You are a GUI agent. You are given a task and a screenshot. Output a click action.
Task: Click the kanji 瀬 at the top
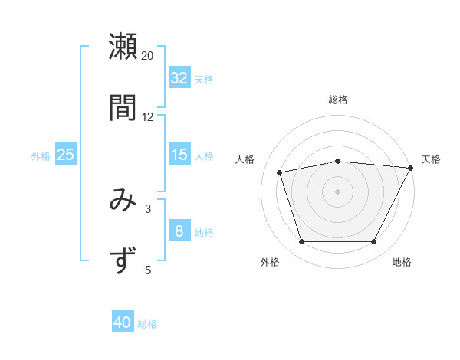pos(123,47)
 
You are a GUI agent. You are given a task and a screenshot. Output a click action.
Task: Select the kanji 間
pos(123,106)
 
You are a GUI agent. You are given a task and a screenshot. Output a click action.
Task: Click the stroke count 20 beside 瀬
pos(148,56)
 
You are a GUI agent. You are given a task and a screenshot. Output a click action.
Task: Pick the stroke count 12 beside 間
pos(148,116)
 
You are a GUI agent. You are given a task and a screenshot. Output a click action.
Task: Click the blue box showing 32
pos(179,78)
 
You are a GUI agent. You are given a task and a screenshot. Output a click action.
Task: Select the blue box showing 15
pos(179,155)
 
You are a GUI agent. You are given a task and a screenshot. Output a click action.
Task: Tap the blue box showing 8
pos(179,231)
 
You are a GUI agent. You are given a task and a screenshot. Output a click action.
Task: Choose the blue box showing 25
pos(66,155)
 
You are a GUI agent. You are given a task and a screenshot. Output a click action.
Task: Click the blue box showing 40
pos(123,323)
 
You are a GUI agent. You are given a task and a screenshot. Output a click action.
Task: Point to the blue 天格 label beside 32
pos(204,79)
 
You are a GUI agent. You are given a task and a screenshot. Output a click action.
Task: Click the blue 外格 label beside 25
pos(41,155)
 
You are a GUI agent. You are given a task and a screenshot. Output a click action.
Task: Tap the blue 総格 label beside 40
pos(147,324)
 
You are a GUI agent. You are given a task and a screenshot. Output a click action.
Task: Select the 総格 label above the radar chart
pos(338,100)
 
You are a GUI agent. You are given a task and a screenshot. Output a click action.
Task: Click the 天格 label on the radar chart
pos(431,159)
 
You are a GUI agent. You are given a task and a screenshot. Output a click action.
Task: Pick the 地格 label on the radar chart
pos(402,263)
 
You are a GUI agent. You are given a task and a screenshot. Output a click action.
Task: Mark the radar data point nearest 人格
pos(280,172)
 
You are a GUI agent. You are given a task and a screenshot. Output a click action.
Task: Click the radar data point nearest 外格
pos(301,242)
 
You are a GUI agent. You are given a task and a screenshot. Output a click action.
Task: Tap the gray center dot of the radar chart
pos(337,191)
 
